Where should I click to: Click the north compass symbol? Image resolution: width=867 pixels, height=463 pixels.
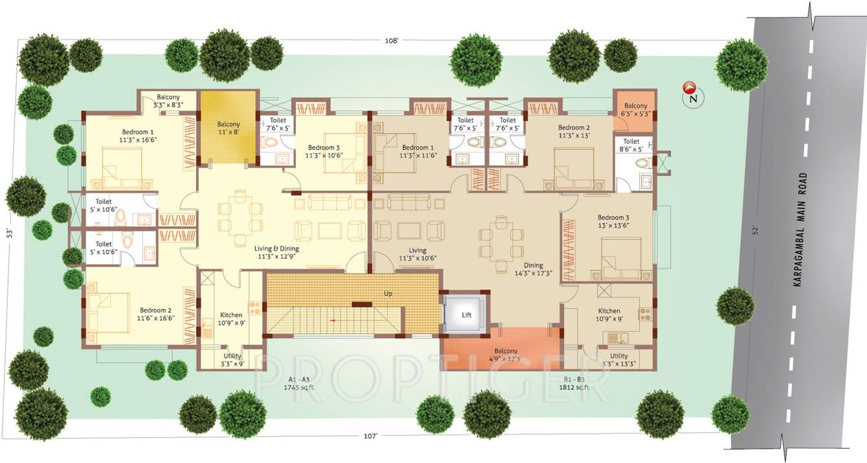pos(690,94)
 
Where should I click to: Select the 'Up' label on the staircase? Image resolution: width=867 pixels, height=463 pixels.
pos(388,294)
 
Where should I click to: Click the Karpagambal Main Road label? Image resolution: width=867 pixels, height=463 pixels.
pos(803,231)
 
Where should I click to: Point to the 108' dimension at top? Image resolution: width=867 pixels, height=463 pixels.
pos(391,40)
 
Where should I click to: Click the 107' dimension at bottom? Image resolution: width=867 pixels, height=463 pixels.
pos(370,436)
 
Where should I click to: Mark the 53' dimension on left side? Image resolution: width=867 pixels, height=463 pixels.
pos(10,232)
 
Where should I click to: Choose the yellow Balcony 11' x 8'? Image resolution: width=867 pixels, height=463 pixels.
pos(228,128)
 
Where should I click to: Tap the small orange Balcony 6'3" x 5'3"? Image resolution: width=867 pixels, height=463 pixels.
pos(635,110)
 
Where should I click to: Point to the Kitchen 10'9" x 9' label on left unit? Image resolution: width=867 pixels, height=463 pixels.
pos(231,319)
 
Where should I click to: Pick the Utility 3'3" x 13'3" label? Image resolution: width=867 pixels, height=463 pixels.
pos(618,360)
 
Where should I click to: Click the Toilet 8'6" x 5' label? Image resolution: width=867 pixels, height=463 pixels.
pos(631,145)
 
